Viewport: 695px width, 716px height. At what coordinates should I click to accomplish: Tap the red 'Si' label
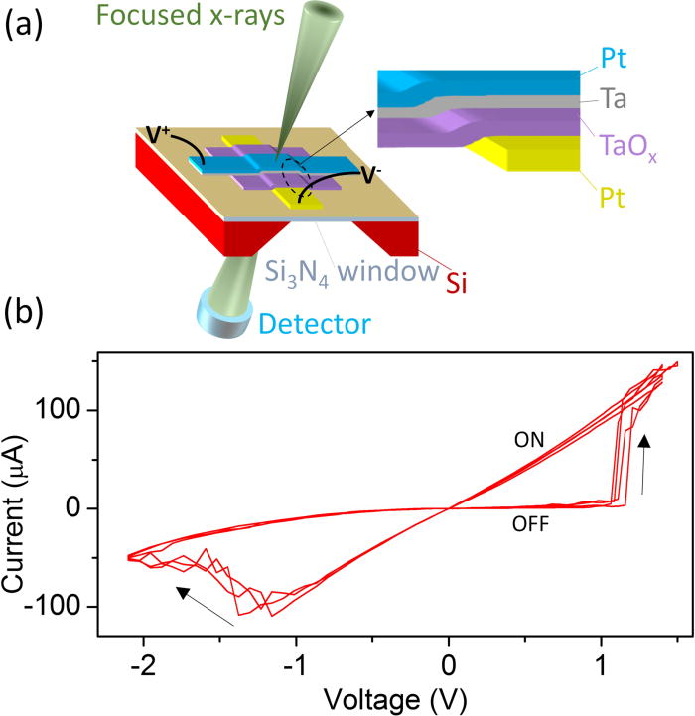point(455,286)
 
